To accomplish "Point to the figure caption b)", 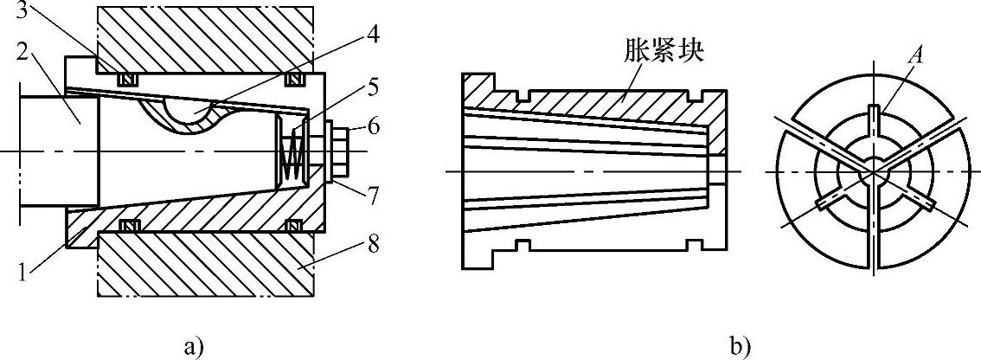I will point(741,347).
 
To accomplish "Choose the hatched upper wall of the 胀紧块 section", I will point(606,100).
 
